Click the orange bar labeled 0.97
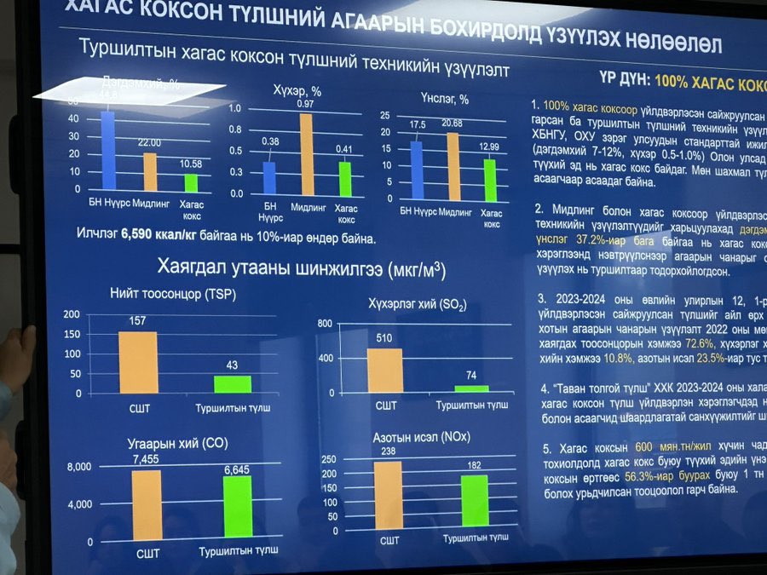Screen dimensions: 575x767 [x=306, y=155]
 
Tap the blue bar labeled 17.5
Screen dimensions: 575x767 [x=416, y=170]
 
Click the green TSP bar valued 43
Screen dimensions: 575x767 [x=233, y=384]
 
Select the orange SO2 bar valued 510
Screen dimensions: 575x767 [x=384, y=370]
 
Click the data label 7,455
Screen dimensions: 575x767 [x=147, y=460]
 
